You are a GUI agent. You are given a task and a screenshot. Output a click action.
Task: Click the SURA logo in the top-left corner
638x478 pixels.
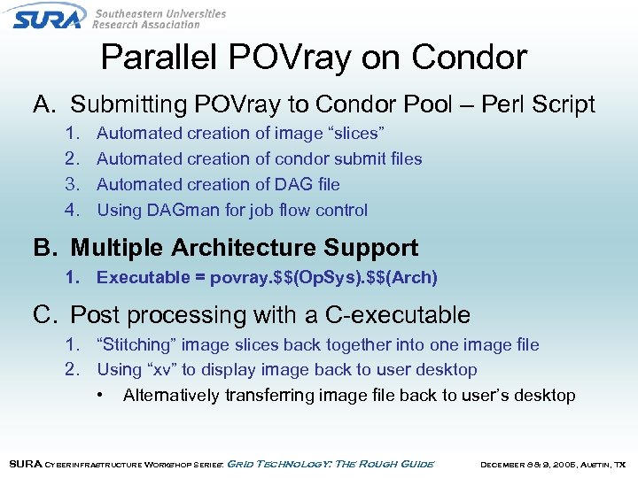[49, 16]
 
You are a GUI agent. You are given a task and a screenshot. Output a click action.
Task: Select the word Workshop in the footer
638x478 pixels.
[162, 464]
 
